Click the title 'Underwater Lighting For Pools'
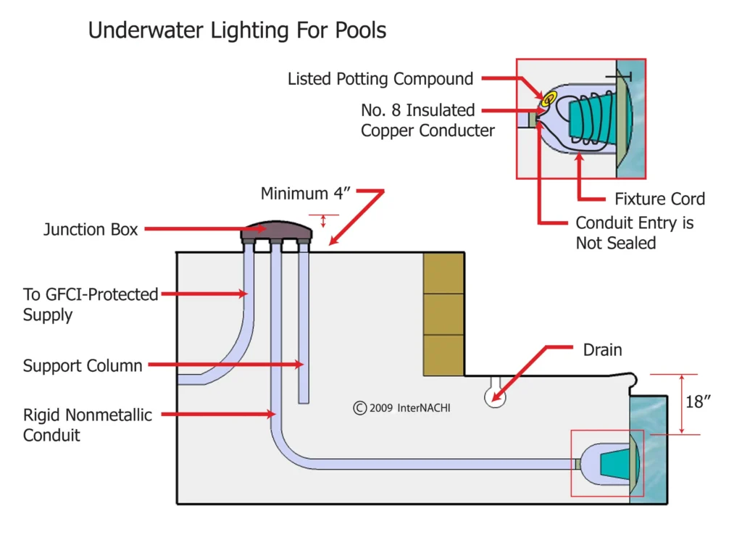click(x=237, y=30)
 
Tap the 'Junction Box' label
click(x=91, y=230)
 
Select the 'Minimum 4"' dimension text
click(x=305, y=194)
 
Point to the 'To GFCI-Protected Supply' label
click(x=91, y=304)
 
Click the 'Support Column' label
click(x=83, y=365)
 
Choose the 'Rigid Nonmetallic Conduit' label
click(x=88, y=425)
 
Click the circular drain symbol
click(x=495, y=396)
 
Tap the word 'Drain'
click(x=602, y=350)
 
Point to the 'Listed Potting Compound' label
click(x=380, y=79)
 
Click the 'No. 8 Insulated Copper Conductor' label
click(x=428, y=120)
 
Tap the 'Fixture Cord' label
click(x=659, y=199)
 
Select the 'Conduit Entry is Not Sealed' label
click(x=634, y=233)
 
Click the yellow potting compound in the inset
click(x=549, y=97)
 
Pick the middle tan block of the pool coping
click(x=443, y=314)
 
